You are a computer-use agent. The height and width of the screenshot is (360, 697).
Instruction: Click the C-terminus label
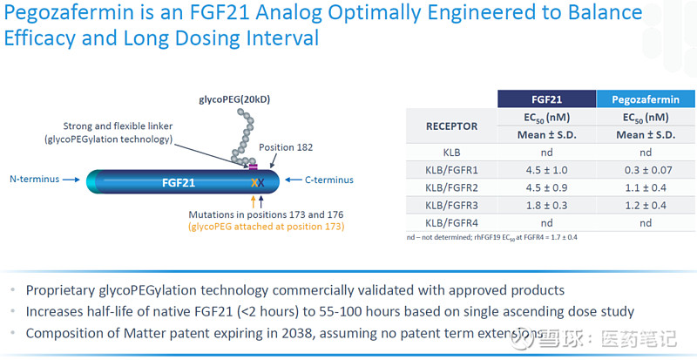[x=329, y=180]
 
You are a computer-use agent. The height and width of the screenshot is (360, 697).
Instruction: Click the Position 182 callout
[x=286, y=147]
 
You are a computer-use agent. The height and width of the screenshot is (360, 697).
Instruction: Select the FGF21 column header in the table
[x=546, y=99]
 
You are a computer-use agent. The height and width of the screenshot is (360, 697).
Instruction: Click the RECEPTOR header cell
[x=451, y=126]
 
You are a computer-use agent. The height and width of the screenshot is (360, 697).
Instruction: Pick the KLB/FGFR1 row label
[x=451, y=169]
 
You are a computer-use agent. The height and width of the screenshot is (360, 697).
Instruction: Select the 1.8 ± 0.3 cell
[x=546, y=205]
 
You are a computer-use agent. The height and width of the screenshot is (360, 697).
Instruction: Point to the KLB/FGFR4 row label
[x=451, y=222]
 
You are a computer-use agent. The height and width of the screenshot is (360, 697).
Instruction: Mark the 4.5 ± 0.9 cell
[x=546, y=187]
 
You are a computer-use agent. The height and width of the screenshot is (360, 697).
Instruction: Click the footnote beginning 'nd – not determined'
[x=492, y=237]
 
